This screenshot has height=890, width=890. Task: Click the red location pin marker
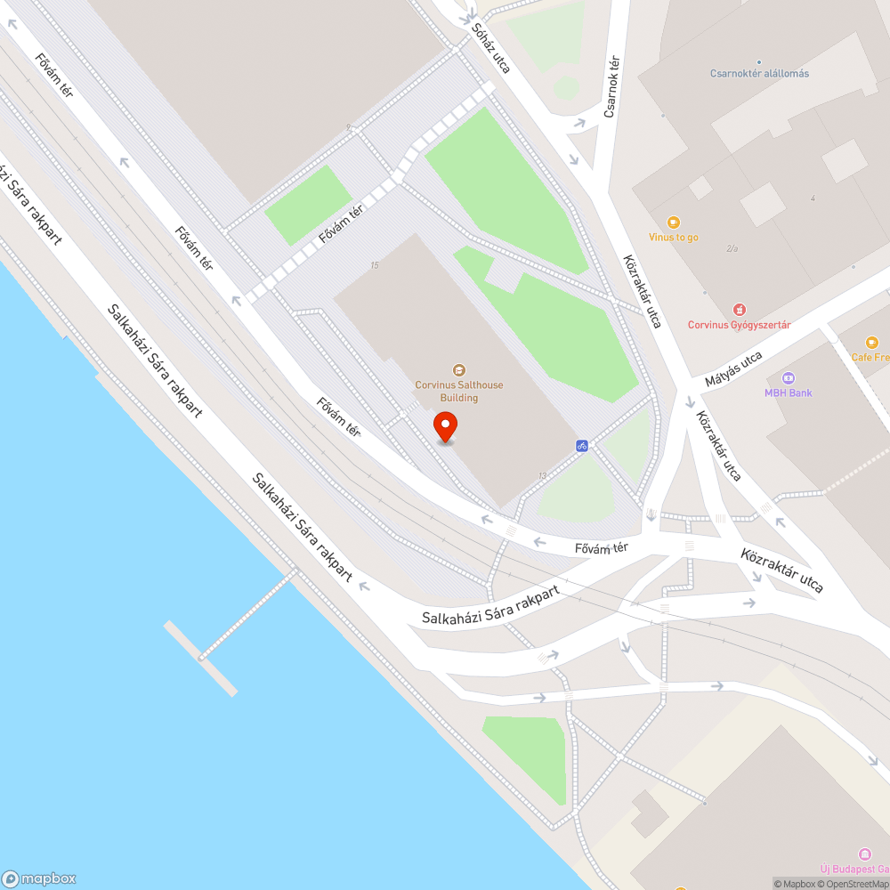445,426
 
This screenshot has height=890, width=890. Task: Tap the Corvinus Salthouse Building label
459,392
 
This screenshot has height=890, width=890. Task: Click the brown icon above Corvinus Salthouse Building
459,369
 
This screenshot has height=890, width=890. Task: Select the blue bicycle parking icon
582,445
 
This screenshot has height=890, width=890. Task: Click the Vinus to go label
674,238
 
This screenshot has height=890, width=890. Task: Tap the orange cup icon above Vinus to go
674,222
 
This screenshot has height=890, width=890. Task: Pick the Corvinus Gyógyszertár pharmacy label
739,325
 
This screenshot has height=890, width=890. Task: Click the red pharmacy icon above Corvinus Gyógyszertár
739,309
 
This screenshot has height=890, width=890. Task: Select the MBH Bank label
789,392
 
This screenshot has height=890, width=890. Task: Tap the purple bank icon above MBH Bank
789,377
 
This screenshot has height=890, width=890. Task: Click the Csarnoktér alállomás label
759,74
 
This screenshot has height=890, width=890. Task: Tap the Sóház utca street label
490,48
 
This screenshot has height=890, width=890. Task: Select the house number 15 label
375,265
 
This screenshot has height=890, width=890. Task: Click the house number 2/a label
732,248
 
